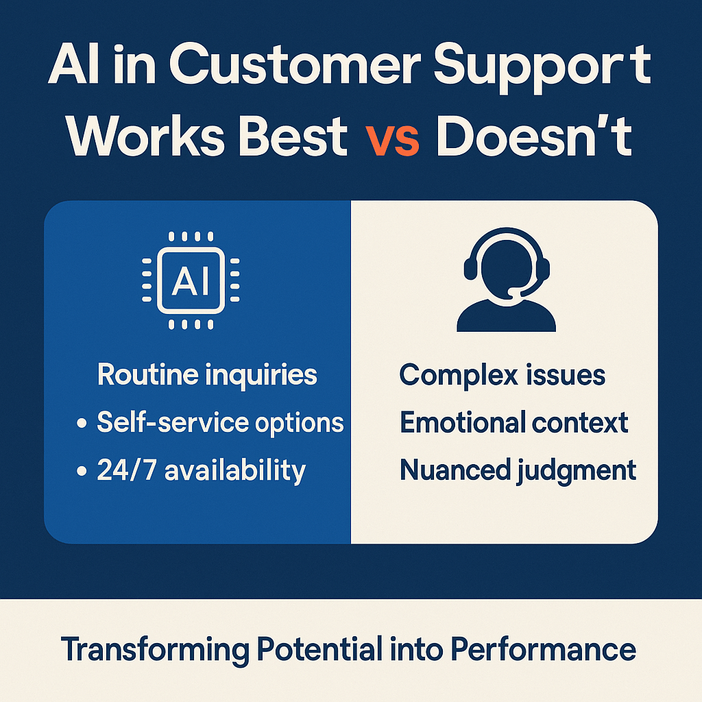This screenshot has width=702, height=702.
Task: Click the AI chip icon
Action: coord(191,280)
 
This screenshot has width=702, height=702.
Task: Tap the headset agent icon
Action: coord(507,280)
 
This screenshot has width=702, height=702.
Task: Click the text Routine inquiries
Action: coord(207,374)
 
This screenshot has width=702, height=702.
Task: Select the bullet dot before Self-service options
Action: coord(82,423)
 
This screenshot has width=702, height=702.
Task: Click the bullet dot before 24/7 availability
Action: coord(82,471)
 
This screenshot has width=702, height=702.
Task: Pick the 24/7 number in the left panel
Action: coord(127,470)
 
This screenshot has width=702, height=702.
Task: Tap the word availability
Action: coord(236,471)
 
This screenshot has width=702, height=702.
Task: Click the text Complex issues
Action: coord(503,375)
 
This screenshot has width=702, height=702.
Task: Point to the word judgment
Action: coord(577,471)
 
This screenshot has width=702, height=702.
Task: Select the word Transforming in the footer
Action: coord(155,650)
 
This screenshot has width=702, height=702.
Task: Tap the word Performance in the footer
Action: coord(543,649)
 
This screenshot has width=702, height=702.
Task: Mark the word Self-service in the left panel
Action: coord(173,422)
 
